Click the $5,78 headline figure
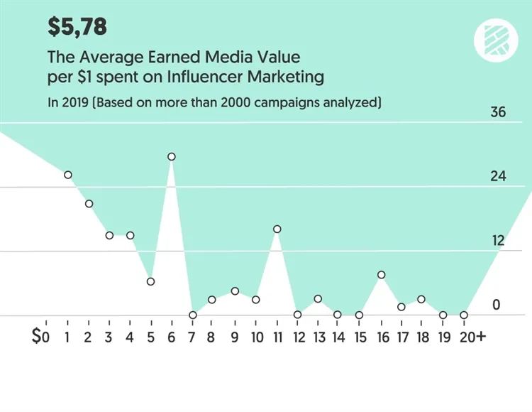(x=77, y=26)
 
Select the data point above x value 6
(x=171, y=157)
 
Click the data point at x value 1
(x=68, y=175)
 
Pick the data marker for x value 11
(x=277, y=229)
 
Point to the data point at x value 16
(x=382, y=275)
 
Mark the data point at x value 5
(x=150, y=281)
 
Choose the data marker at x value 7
(x=193, y=315)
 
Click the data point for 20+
(x=464, y=315)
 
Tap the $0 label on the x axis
(x=41, y=336)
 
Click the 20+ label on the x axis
(x=471, y=336)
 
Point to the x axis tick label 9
(x=235, y=336)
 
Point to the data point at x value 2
(x=89, y=204)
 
